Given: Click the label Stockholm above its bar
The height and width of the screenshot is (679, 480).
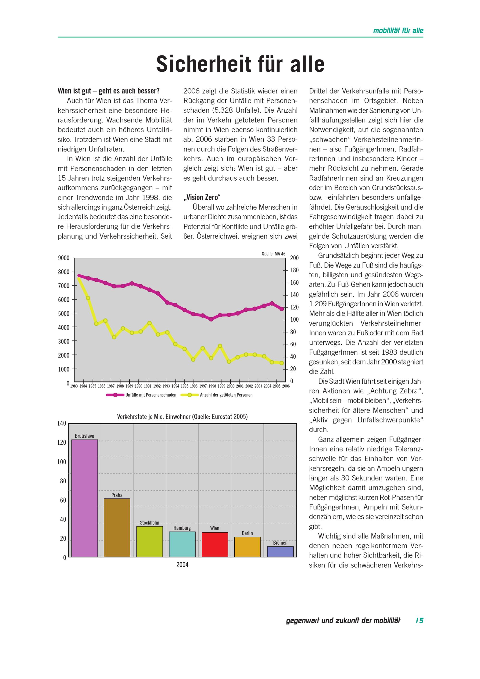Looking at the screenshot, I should pyautogui.click(x=150, y=522).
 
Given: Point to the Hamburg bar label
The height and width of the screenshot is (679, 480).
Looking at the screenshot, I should pyautogui.click(x=182, y=528).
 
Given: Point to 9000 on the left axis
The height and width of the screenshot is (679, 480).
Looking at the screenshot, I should pyautogui.click(x=64, y=258).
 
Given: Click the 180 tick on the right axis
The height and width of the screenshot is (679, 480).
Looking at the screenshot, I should pyautogui.click(x=294, y=270).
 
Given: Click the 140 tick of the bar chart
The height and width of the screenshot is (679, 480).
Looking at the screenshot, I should pyautogui.click(x=61, y=423).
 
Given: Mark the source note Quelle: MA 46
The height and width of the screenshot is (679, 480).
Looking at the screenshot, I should pyautogui.click(x=273, y=254).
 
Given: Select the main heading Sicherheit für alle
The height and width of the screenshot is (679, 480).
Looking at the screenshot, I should pyautogui.click(x=240, y=64).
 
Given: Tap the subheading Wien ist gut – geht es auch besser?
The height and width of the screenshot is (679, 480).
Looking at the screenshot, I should pyautogui.click(x=108, y=91).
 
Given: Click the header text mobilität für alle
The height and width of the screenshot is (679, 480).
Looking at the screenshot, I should pyautogui.click(x=398, y=31).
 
